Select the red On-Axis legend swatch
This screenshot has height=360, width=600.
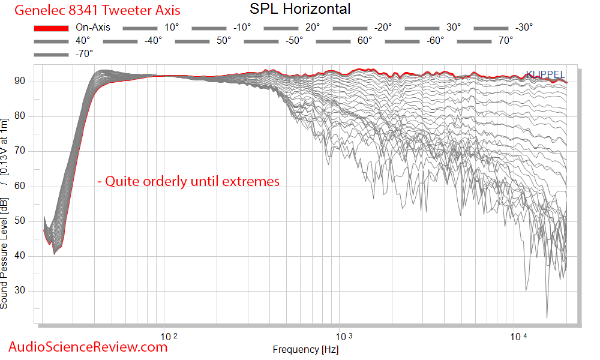point(51,28)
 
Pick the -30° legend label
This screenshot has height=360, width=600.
point(523,28)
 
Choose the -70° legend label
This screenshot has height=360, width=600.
point(84,54)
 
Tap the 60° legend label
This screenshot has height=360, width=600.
point(364,41)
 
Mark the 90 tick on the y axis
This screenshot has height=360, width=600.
point(29,82)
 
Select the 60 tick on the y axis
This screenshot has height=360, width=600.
point(29,187)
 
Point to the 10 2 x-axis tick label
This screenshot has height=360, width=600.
point(170,336)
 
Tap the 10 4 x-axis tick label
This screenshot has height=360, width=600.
point(519,336)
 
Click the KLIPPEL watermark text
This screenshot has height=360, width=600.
point(545,74)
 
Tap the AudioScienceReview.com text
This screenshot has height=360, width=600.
point(88,346)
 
